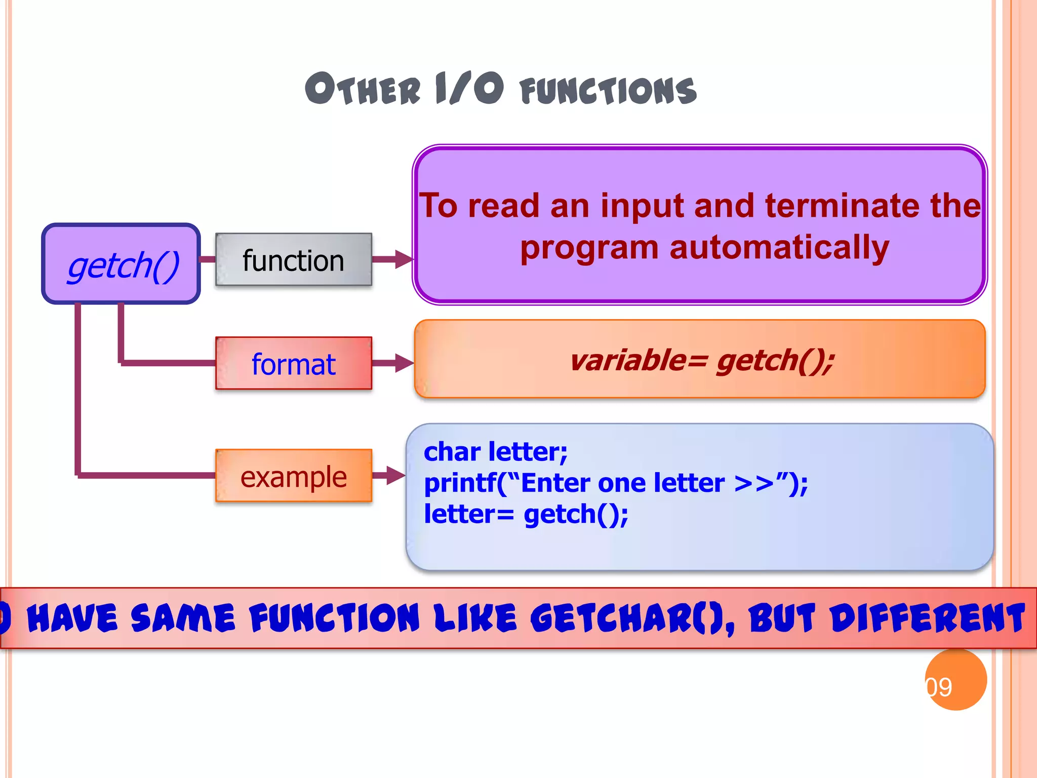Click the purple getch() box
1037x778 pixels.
tap(121, 264)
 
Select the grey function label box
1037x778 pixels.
tap(293, 260)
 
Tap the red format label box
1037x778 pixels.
tap(293, 364)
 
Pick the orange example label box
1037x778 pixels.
tap(293, 476)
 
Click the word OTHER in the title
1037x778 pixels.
tap(363, 89)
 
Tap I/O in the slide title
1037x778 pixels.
tap(469, 89)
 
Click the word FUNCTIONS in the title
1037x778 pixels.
tap(608, 91)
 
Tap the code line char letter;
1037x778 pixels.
tap(495, 451)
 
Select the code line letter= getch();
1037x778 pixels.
tap(526, 514)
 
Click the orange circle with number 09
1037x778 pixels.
tap(955, 680)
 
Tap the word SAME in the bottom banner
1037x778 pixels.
tap(183, 618)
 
